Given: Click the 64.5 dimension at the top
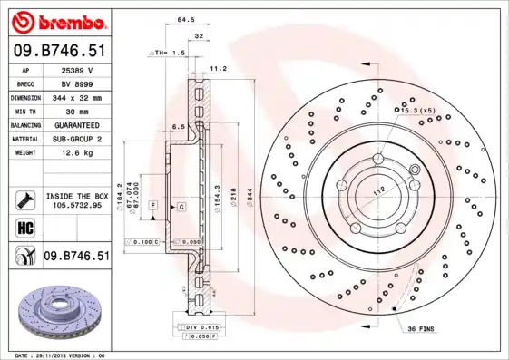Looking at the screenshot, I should pyautogui.click(x=185, y=19).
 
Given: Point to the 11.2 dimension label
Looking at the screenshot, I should pyautogui.click(x=218, y=67).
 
